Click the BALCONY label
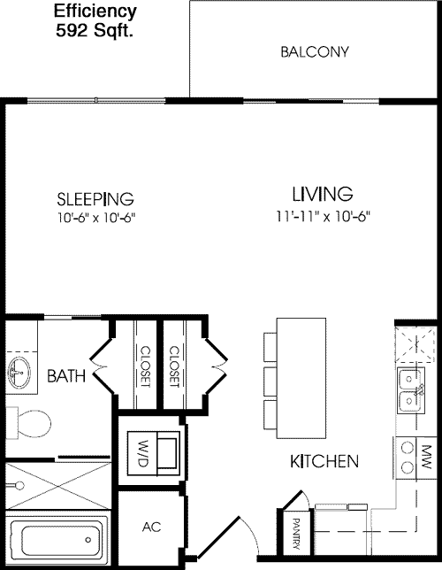coord(315,51)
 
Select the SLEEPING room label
coord(95,198)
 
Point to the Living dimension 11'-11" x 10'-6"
coord(323,217)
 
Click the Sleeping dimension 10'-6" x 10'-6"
coord(96,218)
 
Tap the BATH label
coord(66,376)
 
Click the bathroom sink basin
coord(19,373)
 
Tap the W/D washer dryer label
coord(144,453)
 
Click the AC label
coord(151,527)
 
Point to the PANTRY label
coord(296,534)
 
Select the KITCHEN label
coord(324,461)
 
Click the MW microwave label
coord(426,458)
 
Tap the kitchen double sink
coord(411,390)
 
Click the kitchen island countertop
coord(301,378)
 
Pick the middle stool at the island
coord(271,381)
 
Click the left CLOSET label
coord(145,366)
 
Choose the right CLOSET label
coord(174,366)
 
